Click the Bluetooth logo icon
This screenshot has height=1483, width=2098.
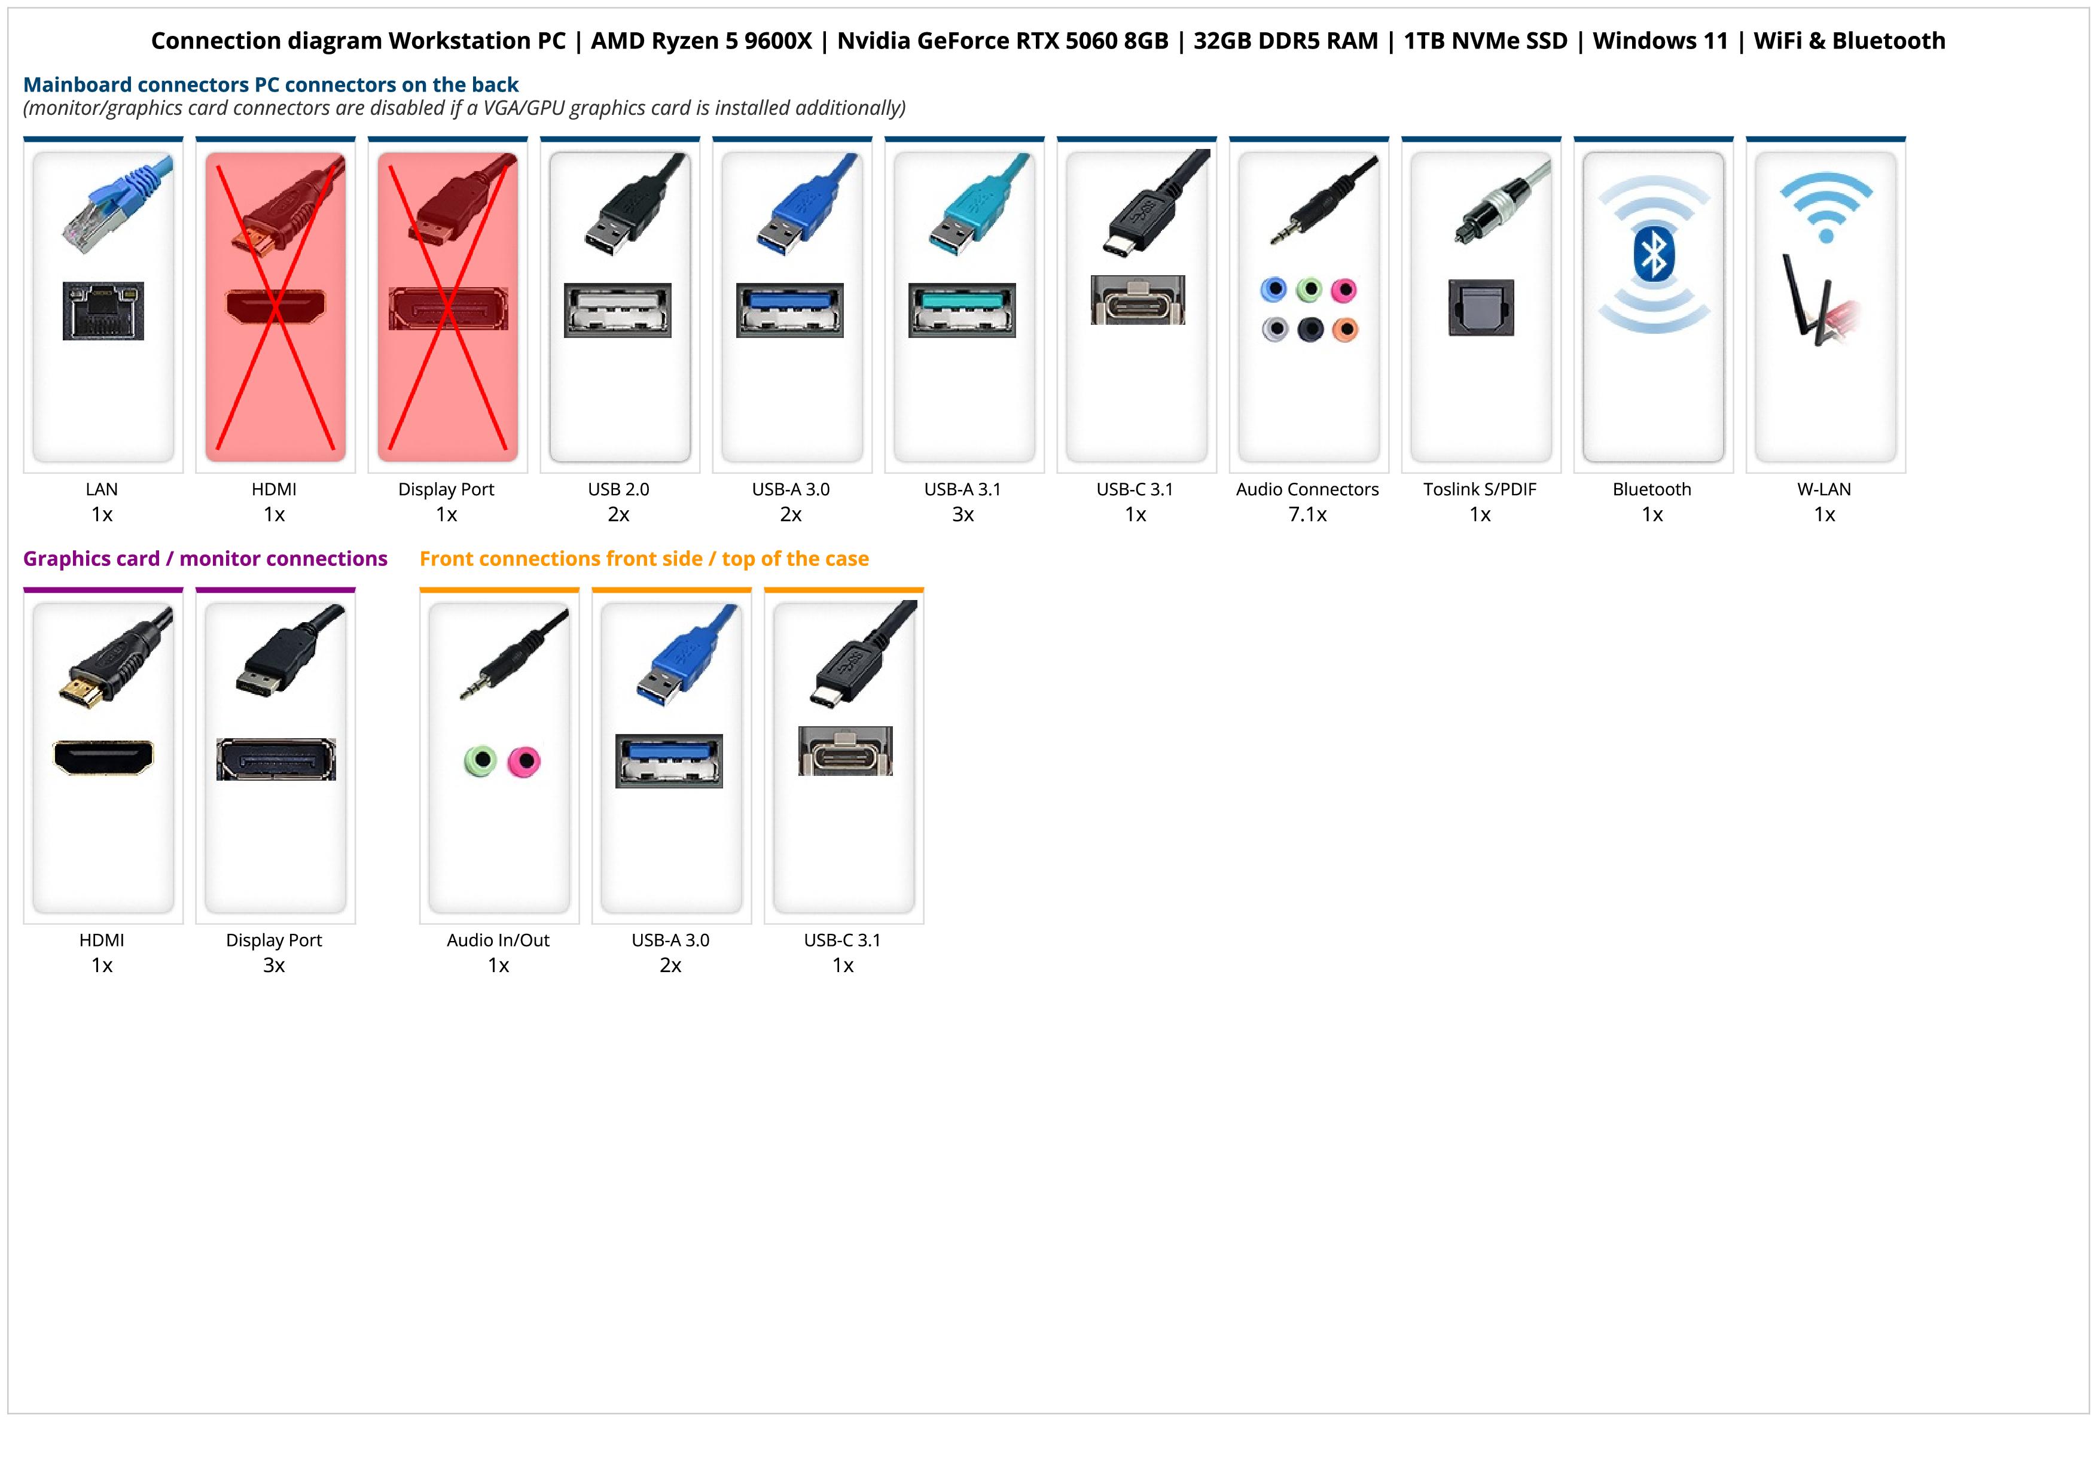click(1653, 255)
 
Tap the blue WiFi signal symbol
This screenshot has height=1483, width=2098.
click(1826, 208)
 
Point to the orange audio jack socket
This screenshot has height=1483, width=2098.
click(1344, 329)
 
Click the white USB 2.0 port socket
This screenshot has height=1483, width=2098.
click(618, 310)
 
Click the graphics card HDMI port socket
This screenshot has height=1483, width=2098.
click(103, 757)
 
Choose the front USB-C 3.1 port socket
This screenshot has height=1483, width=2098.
click(845, 751)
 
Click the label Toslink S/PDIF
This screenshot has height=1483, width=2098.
click(1480, 490)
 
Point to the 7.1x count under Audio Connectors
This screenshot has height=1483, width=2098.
click(1307, 514)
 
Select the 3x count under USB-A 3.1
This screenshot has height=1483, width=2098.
click(963, 514)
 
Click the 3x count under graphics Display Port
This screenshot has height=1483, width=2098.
click(274, 966)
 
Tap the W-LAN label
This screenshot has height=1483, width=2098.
click(1824, 490)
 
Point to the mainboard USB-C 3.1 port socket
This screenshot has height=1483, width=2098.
click(1138, 300)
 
